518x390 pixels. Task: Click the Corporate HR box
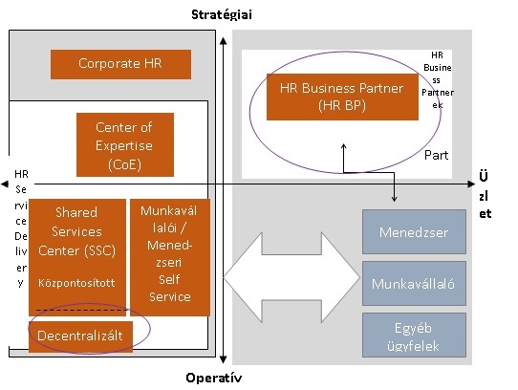click(x=121, y=64)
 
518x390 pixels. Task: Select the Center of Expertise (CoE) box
click(x=125, y=144)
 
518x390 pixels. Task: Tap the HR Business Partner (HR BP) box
click(x=342, y=97)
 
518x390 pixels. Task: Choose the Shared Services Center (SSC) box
click(x=77, y=257)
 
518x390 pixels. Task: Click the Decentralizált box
click(x=80, y=336)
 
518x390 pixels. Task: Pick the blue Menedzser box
click(x=414, y=231)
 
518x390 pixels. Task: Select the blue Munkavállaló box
click(x=414, y=283)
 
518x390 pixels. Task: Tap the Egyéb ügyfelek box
click(x=414, y=336)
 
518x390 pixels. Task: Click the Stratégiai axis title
click(x=222, y=15)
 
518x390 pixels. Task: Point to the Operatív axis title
click(x=214, y=378)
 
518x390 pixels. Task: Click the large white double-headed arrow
click(x=292, y=277)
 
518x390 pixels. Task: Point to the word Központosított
click(x=76, y=283)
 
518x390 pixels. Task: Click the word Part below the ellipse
click(x=437, y=155)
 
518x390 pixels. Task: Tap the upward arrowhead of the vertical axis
click(x=224, y=41)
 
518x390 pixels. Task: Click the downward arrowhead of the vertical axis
click(x=224, y=359)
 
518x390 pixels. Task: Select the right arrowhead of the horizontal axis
click(x=472, y=184)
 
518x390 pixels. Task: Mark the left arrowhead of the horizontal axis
click(x=5, y=184)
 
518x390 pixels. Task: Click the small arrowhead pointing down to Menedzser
click(x=394, y=199)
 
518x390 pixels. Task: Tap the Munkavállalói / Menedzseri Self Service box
click(x=170, y=257)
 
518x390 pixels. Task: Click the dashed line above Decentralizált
click(x=81, y=310)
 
